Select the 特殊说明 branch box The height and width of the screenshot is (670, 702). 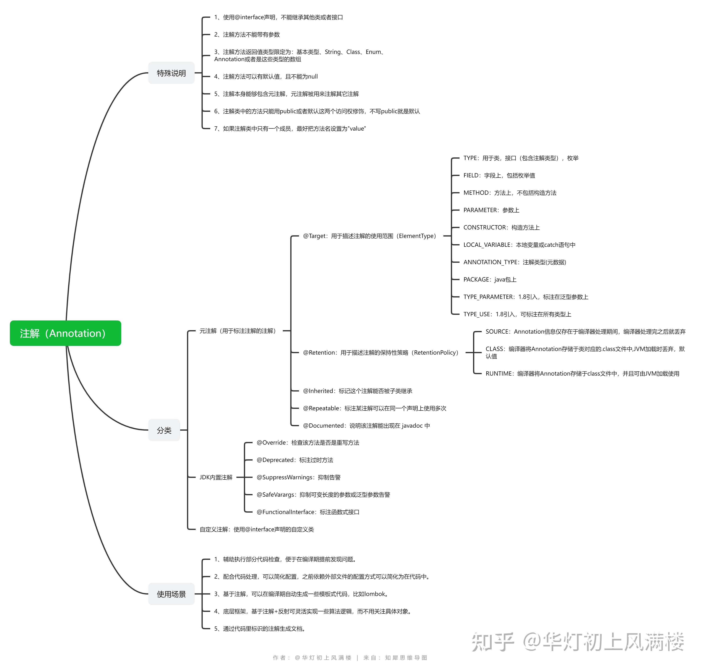[171, 73]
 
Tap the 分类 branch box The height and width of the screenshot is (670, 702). [164, 430]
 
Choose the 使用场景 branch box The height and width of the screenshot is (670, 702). [171, 594]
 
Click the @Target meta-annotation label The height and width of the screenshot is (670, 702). [370, 236]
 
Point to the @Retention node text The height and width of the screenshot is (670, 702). [381, 353]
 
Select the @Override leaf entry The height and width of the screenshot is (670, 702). [308, 443]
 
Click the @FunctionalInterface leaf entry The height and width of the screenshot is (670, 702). [308, 512]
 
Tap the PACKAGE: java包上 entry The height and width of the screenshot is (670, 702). [490, 279]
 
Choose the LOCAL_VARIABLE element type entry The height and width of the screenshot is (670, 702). [519, 245]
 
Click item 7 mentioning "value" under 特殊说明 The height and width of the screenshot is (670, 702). [290, 129]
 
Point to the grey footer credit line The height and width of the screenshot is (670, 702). [350, 657]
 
